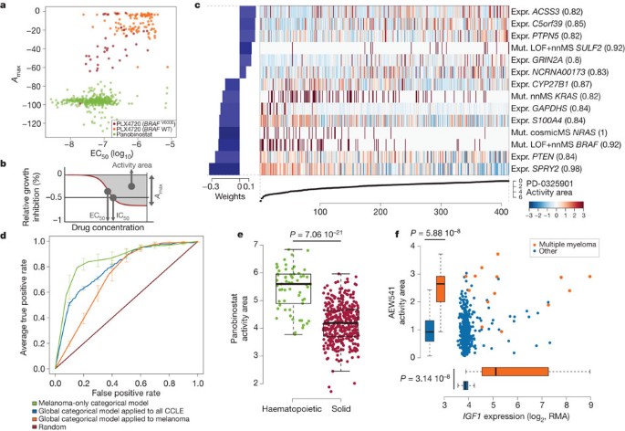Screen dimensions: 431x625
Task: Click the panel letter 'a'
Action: coord(5,5)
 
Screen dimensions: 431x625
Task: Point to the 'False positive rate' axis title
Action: coord(128,385)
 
